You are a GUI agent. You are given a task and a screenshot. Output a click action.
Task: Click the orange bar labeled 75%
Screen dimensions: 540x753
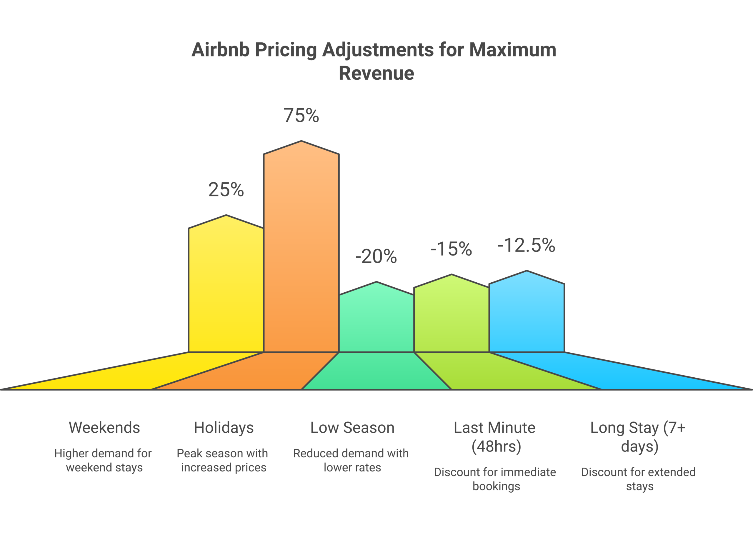click(301, 252)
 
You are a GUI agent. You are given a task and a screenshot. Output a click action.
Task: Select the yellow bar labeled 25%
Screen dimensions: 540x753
click(226, 289)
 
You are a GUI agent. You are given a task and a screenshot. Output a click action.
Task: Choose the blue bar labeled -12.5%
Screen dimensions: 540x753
click(526, 315)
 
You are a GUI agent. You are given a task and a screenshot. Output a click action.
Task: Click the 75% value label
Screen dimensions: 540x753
click(301, 116)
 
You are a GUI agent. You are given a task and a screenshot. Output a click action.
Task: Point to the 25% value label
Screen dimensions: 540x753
click(226, 190)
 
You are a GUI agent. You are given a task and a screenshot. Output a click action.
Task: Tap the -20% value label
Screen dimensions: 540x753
click(376, 256)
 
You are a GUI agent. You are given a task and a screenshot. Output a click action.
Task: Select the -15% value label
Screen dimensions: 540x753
click(451, 249)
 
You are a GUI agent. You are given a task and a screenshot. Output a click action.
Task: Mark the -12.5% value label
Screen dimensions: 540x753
click(526, 245)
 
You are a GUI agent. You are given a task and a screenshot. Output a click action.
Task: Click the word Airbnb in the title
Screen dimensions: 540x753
click(220, 50)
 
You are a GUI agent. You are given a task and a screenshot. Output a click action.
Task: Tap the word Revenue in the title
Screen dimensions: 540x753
click(376, 73)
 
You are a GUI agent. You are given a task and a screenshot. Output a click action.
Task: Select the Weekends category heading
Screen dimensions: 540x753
click(104, 427)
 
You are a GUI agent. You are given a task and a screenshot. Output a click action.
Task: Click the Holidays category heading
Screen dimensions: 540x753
click(224, 427)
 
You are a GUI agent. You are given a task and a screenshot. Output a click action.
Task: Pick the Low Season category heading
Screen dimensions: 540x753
click(352, 427)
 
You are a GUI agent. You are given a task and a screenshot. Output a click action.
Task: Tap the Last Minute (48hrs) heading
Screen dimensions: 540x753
click(495, 436)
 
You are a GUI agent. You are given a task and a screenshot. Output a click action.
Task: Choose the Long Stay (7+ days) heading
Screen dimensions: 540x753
click(638, 436)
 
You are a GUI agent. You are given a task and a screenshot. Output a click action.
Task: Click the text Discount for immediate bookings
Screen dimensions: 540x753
click(495, 479)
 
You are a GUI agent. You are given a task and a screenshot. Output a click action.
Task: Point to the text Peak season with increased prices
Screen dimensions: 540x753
click(222, 460)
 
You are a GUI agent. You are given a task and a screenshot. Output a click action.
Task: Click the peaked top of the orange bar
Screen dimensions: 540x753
click(301, 143)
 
